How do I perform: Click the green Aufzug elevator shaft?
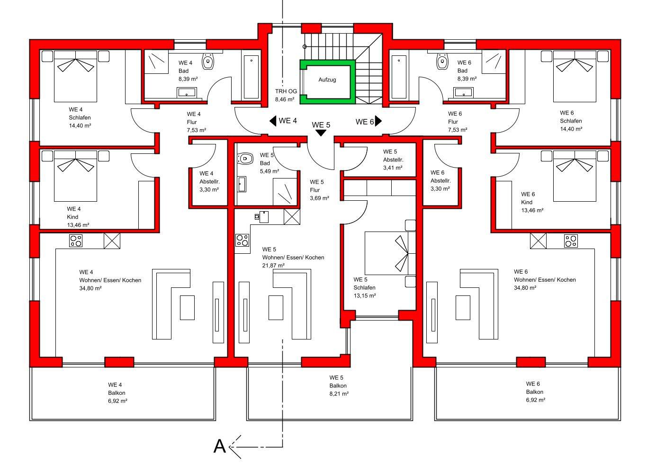click(x=301, y=82)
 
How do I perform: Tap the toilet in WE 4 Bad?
click(x=208, y=62)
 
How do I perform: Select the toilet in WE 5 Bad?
click(x=245, y=159)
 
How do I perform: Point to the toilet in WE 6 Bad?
click(x=442, y=62)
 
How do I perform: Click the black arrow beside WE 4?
click(x=273, y=121)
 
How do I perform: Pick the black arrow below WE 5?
click(x=321, y=133)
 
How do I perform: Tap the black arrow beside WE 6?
click(x=378, y=121)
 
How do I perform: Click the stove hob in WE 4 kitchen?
click(x=76, y=241)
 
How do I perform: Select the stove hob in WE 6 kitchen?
click(x=571, y=241)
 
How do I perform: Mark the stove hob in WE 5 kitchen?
click(x=243, y=240)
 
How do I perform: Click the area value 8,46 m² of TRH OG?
click(x=285, y=99)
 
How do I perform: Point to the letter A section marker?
click(x=220, y=446)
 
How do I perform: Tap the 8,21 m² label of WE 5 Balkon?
click(x=339, y=394)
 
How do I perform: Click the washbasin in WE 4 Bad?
click(x=187, y=93)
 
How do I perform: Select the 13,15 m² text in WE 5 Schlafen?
click(x=365, y=296)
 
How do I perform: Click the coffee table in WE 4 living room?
click(x=187, y=308)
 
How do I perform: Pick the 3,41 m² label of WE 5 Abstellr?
click(x=393, y=168)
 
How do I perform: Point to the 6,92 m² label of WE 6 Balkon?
click(x=536, y=400)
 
